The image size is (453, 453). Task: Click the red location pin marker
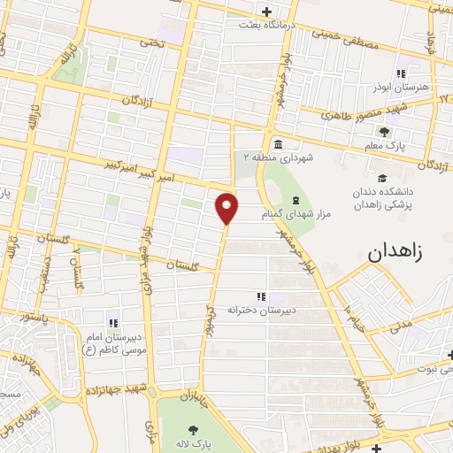pos(227,209)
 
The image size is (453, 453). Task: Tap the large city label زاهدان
pos(394,250)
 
